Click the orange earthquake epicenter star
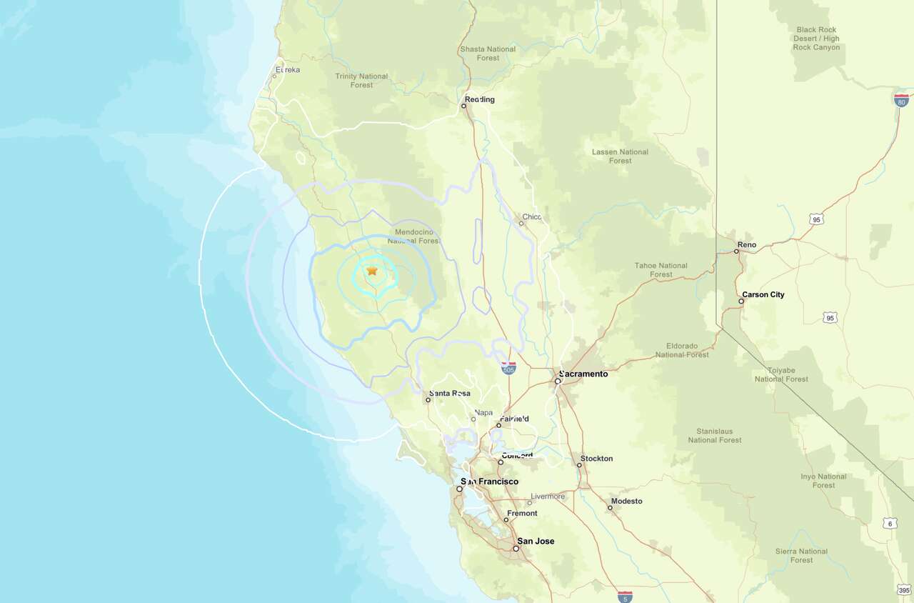point(372,271)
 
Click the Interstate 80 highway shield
point(901,100)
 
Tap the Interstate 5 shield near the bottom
point(625,596)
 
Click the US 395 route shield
point(904,589)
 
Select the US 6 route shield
point(890,524)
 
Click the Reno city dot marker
point(736,251)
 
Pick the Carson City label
point(763,294)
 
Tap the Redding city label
point(480,99)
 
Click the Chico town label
point(532,217)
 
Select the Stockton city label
point(596,459)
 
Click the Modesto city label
point(626,502)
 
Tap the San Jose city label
point(536,541)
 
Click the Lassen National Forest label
point(620,156)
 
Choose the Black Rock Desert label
point(816,39)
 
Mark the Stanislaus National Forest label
point(715,436)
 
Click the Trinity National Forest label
point(361,81)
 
